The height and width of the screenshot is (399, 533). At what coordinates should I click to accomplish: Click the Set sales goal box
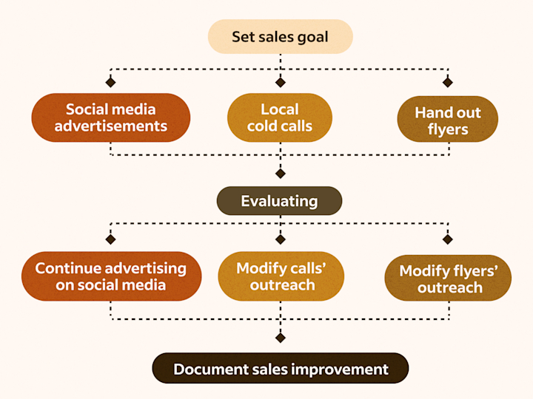point(280,36)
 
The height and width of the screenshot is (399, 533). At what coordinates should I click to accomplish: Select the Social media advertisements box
point(110,117)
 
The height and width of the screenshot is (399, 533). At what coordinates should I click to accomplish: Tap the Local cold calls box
point(279,117)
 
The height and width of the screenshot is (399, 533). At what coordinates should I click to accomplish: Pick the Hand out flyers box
point(447,120)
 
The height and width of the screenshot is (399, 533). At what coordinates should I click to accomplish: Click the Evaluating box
point(279,200)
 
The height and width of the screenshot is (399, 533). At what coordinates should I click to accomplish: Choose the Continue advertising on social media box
point(110,276)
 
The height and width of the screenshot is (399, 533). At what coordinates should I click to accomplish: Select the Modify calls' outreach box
point(281,276)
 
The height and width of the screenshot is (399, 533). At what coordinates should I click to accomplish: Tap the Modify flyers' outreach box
point(448,279)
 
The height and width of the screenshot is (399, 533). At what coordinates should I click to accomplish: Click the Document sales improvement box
point(280,369)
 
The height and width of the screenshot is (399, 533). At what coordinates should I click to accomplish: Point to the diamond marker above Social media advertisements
point(110,81)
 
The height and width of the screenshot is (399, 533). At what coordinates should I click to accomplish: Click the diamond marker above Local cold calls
point(280,81)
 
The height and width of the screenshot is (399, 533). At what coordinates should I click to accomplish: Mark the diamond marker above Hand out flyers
point(447,81)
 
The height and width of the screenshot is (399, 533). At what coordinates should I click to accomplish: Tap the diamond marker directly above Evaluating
point(280,174)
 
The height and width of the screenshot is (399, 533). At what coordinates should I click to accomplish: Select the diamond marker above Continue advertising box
point(110,239)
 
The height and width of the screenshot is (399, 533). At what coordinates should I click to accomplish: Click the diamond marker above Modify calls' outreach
point(280,239)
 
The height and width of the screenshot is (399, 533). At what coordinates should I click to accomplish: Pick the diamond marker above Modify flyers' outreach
point(447,239)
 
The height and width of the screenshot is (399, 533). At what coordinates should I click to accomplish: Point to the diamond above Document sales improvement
point(280,338)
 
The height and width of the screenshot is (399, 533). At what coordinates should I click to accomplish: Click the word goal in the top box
point(312,37)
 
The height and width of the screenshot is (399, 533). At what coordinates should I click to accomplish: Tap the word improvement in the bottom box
point(341,369)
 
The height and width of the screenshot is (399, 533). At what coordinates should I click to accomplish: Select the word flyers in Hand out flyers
point(448,129)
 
